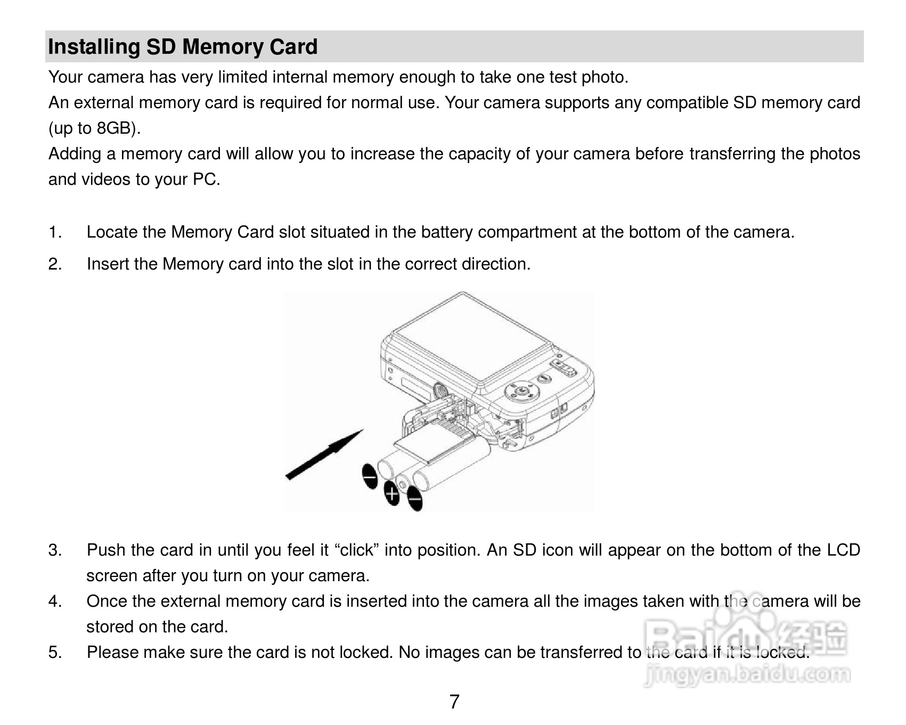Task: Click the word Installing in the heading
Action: [x=94, y=47]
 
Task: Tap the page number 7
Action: [x=454, y=702]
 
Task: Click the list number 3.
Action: [x=55, y=550]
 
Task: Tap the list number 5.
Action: [x=55, y=653]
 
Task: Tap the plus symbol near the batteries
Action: [x=392, y=494]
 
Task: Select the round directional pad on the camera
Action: [x=522, y=392]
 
